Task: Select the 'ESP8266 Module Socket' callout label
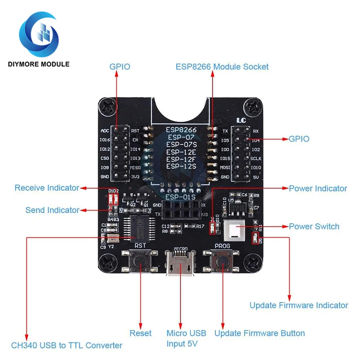[x=222, y=67]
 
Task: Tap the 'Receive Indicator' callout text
[x=47, y=188]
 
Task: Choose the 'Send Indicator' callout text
[x=52, y=210]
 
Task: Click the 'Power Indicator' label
[x=318, y=188]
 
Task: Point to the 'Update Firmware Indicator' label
[x=299, y=305]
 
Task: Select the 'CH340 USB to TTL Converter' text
[x=67, y=346]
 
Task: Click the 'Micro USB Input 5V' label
[x=186, y=338]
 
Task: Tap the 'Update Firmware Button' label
[x=260, y=333]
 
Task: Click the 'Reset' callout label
[x=140, y=333]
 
